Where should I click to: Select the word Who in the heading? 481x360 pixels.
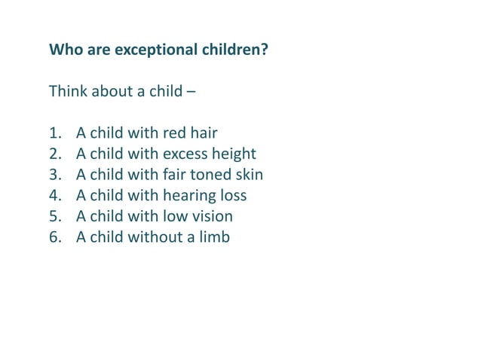[64, 50]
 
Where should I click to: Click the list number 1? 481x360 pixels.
[54, 134]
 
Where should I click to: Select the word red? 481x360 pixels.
[175, 134]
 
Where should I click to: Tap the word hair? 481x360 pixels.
[204, 134]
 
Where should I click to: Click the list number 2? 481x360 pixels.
[54, 154]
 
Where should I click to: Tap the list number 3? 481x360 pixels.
[54, 175]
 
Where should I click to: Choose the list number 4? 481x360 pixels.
[54, 196]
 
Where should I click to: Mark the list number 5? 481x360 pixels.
[54, 217]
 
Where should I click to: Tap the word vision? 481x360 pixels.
[213, 217]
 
